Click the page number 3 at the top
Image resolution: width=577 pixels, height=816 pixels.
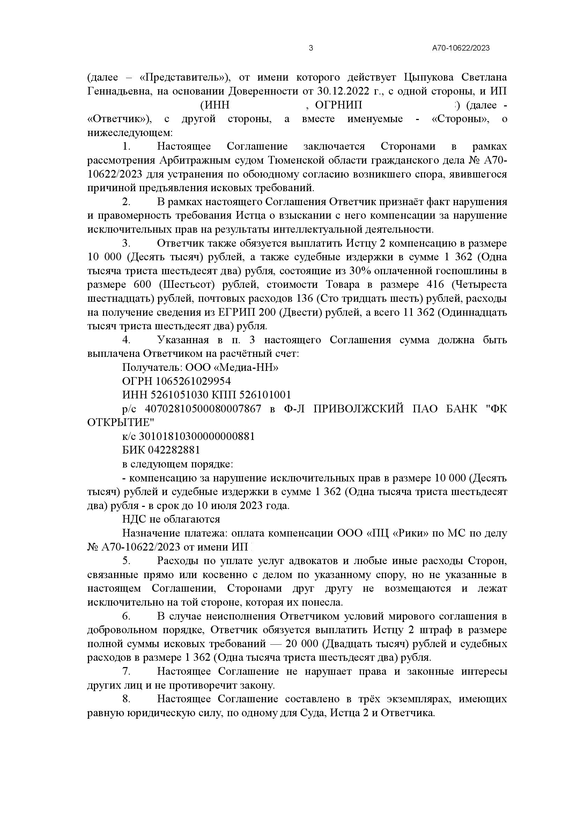click(x=311, y=48)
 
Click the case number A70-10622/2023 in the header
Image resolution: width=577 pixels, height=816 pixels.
click(x=461, y=48)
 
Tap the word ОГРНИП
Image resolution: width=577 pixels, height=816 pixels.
click(x=339, y=105)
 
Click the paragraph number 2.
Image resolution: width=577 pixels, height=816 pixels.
click(x=126, y=202)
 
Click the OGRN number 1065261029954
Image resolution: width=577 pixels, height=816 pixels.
click(x=193, y=381)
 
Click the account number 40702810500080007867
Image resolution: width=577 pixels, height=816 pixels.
click(x=203, y=409)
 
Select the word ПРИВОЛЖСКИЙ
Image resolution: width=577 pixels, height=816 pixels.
click(x=359, y=409)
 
